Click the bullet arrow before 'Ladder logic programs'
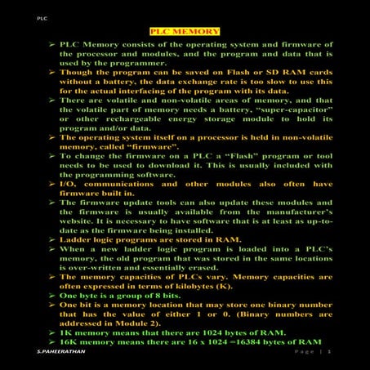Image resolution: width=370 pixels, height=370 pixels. (x=51, y=238)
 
